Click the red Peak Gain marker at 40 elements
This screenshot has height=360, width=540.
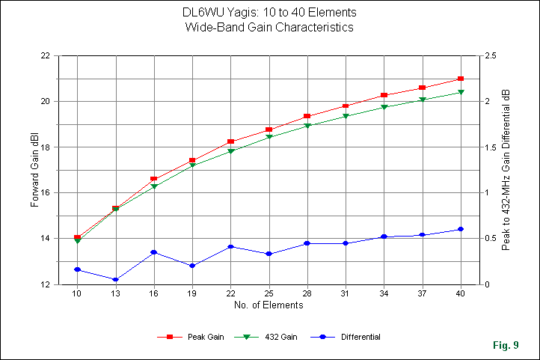[461, 79]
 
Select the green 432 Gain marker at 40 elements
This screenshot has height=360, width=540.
[461, 92]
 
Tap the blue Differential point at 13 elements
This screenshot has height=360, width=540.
[115, 280]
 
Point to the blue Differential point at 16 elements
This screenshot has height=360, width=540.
[154, 252]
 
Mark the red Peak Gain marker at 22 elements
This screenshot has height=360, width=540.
[230, 141]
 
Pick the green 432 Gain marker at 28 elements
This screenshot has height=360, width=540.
[307, 126]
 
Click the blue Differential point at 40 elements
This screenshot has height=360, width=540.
[461, 229]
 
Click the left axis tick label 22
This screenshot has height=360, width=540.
[46, 56]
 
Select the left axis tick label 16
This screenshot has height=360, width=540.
[46, 193]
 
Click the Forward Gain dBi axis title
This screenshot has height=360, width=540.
[35, 170]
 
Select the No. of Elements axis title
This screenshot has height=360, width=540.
[269, 305]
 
